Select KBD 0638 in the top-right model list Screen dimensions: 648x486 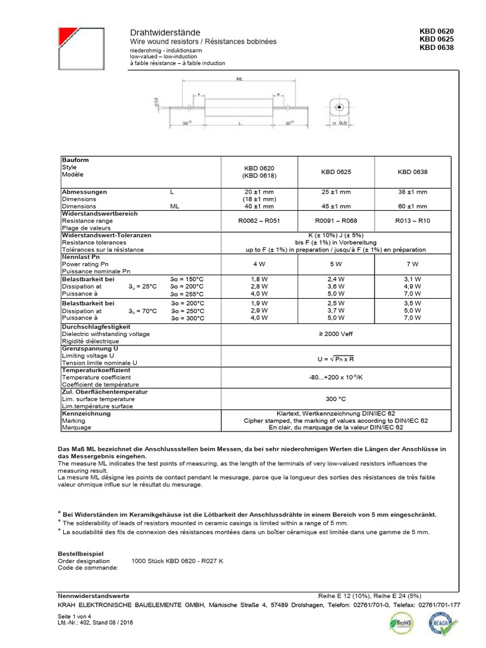click(x=436, y=47)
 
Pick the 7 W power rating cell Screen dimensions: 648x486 click(x=412, y=263)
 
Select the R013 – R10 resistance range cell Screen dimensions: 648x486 click(x=412, y=221)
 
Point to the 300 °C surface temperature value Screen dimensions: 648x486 click(x=335, y=399)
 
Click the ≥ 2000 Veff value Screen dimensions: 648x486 click(x=335, y=333)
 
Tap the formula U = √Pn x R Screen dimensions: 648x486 click(x=335, y=359)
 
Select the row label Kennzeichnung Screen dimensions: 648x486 click(x=86, y=414)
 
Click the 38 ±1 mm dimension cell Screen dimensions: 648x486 click(x=412, y=192)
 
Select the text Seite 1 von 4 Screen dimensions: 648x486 click(x=74, y=616)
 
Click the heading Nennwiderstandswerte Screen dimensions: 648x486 click(x=94, y=596)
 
